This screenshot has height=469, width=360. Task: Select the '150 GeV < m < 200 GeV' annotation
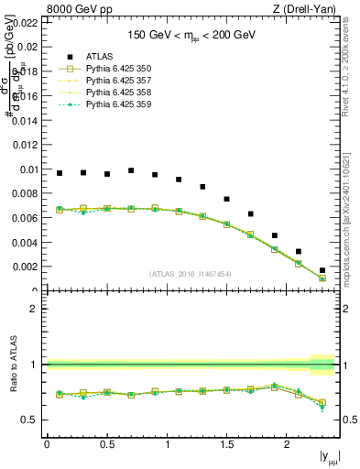point(191,36)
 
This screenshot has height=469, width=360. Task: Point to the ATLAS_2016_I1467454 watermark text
point(191,274)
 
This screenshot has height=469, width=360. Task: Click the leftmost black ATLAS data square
point(60,173)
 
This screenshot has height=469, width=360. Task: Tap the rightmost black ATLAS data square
point(322,270)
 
